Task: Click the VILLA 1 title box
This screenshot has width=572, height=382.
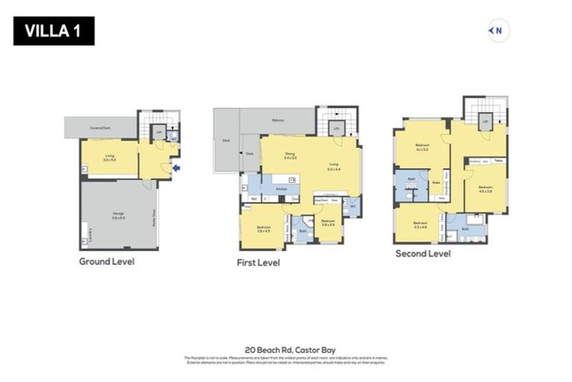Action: (x=54, y=31)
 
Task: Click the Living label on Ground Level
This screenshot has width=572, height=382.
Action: (x=109, y=157)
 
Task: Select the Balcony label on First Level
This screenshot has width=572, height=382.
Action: (x=278, y=119)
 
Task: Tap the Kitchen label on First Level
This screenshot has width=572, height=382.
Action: (x=282, y=190)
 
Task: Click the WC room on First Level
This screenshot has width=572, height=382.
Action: (x=352, y=203)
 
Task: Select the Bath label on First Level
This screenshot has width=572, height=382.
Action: (x=302, y=231)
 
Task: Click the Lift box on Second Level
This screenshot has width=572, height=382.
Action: (x=485, y=121)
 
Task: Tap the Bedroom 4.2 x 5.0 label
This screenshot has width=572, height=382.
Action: (x=422, y=148)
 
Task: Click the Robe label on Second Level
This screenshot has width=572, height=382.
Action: (x=434, y=181)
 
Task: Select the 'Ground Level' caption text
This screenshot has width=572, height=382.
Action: (x=107, y=262)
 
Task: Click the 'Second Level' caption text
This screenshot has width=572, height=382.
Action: (x=423, y=254)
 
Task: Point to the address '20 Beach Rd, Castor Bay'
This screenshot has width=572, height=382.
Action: (x=286, y=349)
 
